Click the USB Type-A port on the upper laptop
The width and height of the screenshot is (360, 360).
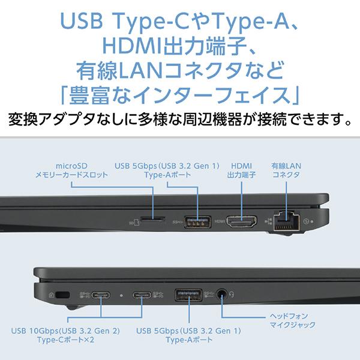point(193,221)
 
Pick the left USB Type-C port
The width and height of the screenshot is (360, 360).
point(100,295)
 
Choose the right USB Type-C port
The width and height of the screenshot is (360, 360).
point(142,295)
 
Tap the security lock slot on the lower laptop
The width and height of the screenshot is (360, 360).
point(64,294)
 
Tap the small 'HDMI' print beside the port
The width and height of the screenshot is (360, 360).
point(218,221)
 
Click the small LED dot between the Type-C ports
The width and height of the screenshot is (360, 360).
point(121,295)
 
